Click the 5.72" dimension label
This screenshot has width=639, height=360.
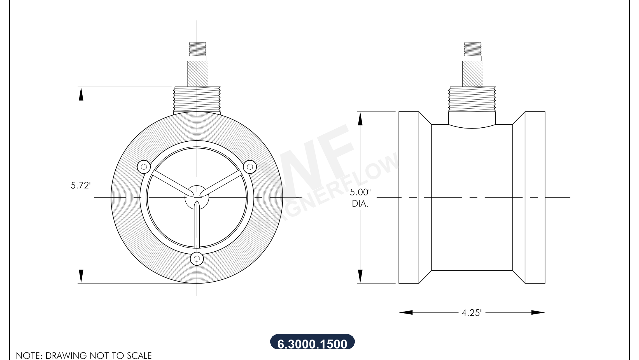point(81,185)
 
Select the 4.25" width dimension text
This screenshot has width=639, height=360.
point(472,313)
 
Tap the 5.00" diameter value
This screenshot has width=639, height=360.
point(360,192)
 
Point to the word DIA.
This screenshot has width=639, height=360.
point(360,204)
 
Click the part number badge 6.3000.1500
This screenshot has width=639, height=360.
point(312,343)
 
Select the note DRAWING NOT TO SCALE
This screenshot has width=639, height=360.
point(84,356)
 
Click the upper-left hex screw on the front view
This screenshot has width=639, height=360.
point(144,167)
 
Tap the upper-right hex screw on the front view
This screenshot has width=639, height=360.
point(250,167)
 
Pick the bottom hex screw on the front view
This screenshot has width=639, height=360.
point(197,258)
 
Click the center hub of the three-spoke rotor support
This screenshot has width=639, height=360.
point(197,197)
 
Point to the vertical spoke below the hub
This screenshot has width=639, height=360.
point(197,227)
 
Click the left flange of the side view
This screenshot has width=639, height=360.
point(409,197)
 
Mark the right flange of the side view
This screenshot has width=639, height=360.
point(535,197)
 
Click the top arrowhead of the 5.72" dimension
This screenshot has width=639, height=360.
point(81,93)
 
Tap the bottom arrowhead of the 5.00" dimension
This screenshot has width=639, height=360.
point(360,276)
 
